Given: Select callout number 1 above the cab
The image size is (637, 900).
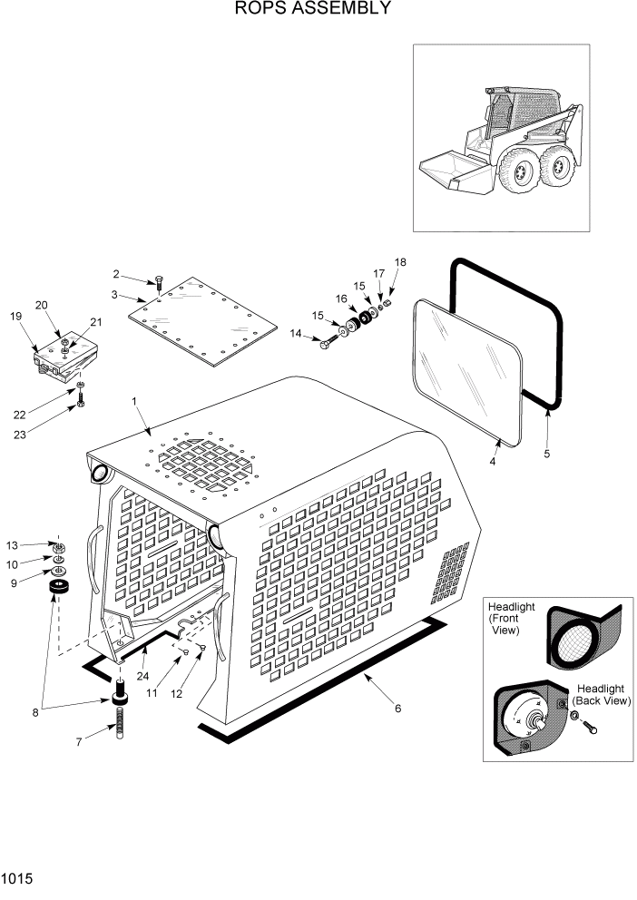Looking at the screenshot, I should coord(135,400).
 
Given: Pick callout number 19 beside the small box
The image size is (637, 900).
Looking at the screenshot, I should coord(15,317).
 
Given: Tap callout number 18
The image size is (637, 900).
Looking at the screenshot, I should coord(400,262).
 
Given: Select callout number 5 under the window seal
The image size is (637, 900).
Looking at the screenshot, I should coord(546,453).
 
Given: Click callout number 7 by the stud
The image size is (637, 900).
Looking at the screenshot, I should coord(79,741).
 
